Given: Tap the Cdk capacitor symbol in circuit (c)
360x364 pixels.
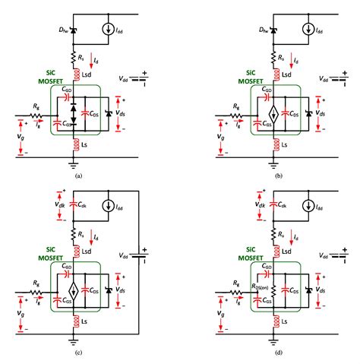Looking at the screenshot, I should (74, 204).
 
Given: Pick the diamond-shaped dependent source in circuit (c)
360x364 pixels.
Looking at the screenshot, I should (74, 290).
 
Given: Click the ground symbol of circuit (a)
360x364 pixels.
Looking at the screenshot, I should (74, 161).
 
